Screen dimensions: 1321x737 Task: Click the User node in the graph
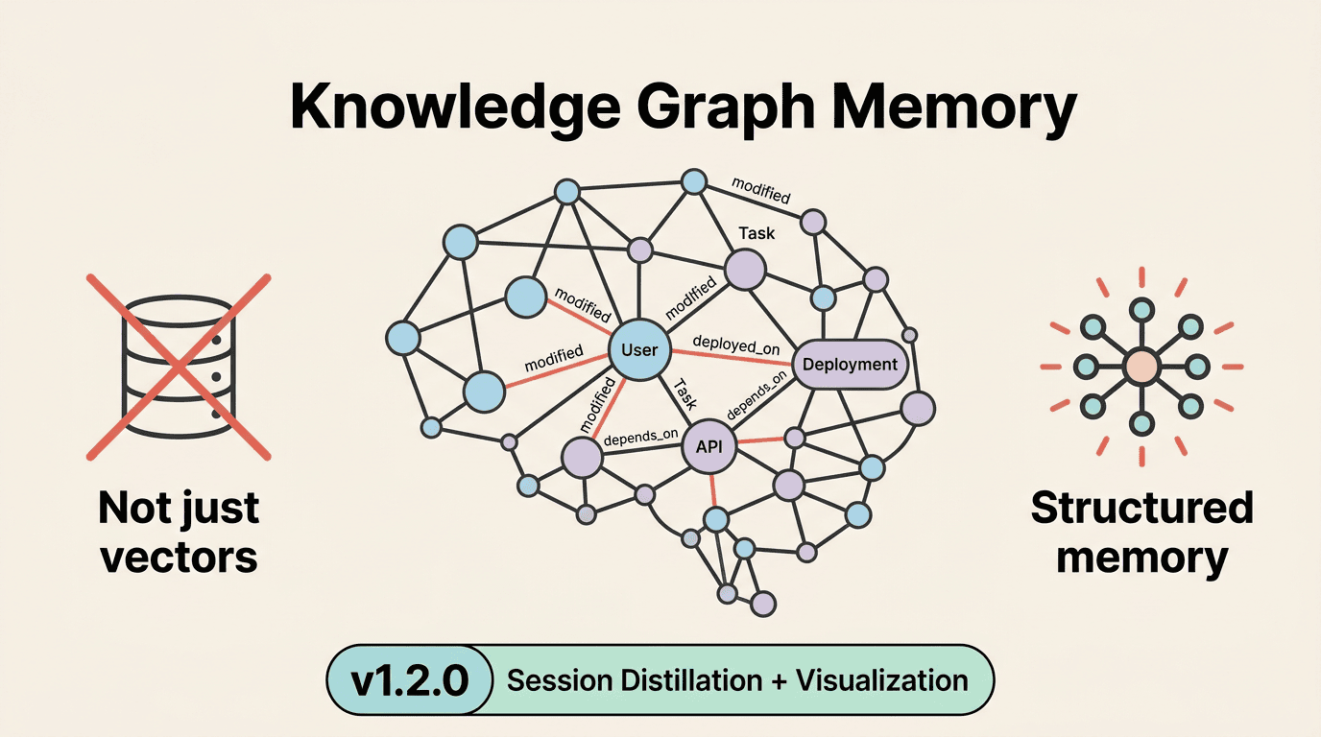pos(639,350)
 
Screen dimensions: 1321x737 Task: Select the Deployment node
pos(850,365)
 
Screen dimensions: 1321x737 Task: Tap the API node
pos(709,446)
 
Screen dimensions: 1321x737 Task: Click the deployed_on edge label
pos(735,345)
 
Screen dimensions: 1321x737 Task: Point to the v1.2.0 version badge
pos(409,679)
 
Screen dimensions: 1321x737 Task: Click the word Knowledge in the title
pos(455,107)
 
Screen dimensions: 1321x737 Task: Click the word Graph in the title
pos(726,107)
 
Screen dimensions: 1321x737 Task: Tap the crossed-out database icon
pos(179,367)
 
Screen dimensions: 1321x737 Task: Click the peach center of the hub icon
pos(1141,367)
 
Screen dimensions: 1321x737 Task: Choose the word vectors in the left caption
pos(179,558)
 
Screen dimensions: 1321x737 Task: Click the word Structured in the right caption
pos(1141,508)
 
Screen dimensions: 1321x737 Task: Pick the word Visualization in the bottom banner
pos(882,680)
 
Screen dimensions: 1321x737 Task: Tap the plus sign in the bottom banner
pos(779,681)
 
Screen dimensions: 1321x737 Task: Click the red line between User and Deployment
pos(732,357)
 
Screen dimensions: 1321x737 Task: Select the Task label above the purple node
pos(757,233)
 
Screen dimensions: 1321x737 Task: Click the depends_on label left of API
pos(640,438)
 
